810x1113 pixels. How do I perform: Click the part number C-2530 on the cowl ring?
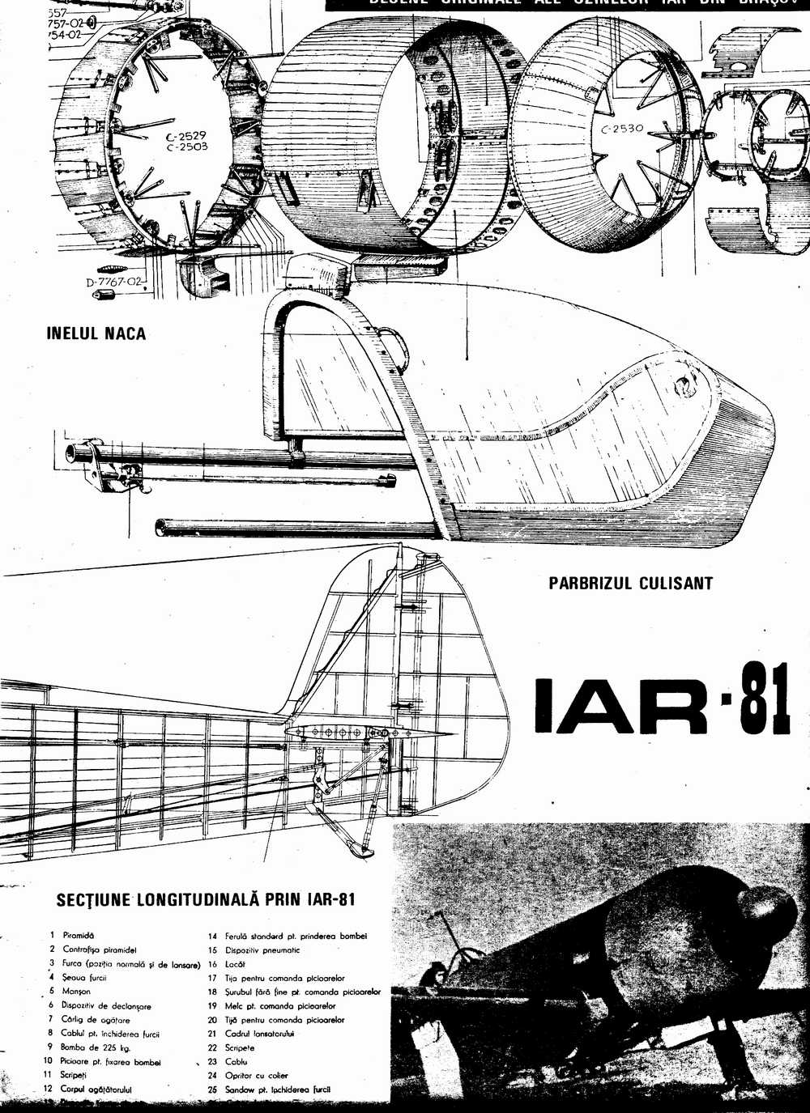tap(621, 129)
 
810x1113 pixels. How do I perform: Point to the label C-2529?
tap(187, 136)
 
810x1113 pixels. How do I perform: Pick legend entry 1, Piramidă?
tap(79, 935)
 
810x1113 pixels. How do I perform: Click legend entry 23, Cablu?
tap(237, 1061)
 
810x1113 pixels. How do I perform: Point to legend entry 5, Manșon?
tap(76, 991)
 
